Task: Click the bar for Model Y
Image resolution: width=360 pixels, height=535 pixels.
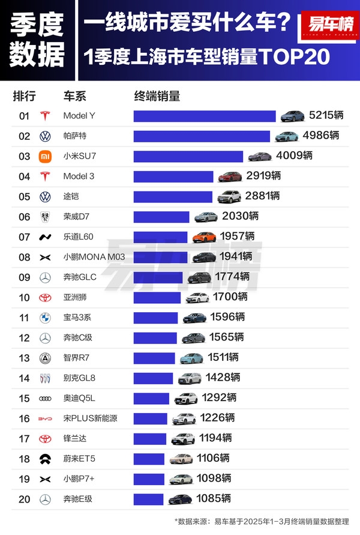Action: click(x=204, y=116)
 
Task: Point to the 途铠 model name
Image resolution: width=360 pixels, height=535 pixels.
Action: click(x=71, y=196)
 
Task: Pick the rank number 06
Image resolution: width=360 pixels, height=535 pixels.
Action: click(x=24, y=217)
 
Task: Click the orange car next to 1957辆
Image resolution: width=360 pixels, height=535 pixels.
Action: click(x=204, y=237)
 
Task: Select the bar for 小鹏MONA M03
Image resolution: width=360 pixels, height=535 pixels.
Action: click(x=161, y=257)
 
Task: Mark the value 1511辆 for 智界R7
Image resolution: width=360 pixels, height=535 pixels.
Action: click(x=224, y=357)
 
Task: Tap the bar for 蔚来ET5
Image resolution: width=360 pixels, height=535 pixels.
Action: click(x=148, y=458)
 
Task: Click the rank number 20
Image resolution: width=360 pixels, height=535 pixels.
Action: click(x=24, y=498)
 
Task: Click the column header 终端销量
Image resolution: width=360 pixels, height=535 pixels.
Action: click(x=157, y=96)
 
